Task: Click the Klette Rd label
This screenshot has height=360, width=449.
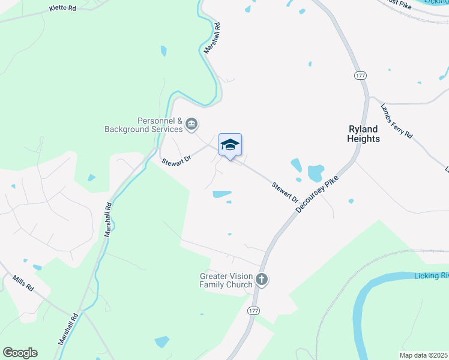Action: pos(63,9)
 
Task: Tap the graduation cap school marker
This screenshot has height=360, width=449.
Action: pos(230,145)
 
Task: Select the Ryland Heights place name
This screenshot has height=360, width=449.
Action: pos(363,134)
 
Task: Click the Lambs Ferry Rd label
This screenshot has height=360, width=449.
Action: pos(396,121)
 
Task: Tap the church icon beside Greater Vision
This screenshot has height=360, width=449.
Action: pos(262,279)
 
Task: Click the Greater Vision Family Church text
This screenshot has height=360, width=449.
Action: pos(226,280)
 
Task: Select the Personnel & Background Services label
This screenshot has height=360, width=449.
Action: pos(143,125)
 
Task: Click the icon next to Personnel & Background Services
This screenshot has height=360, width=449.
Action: pos(191,125)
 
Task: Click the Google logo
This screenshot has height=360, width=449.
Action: pos(20,353)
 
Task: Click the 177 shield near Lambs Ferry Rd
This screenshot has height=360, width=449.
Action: pos(360,76)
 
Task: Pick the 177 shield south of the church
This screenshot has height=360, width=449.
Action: pos(253,310)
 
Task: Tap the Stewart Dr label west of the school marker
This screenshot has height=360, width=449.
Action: pos(176,161)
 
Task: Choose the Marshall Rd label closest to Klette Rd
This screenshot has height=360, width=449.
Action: pos(212,38)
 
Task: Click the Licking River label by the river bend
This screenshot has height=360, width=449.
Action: pos(431,276)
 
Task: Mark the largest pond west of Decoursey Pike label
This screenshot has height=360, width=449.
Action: pos(316,173)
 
